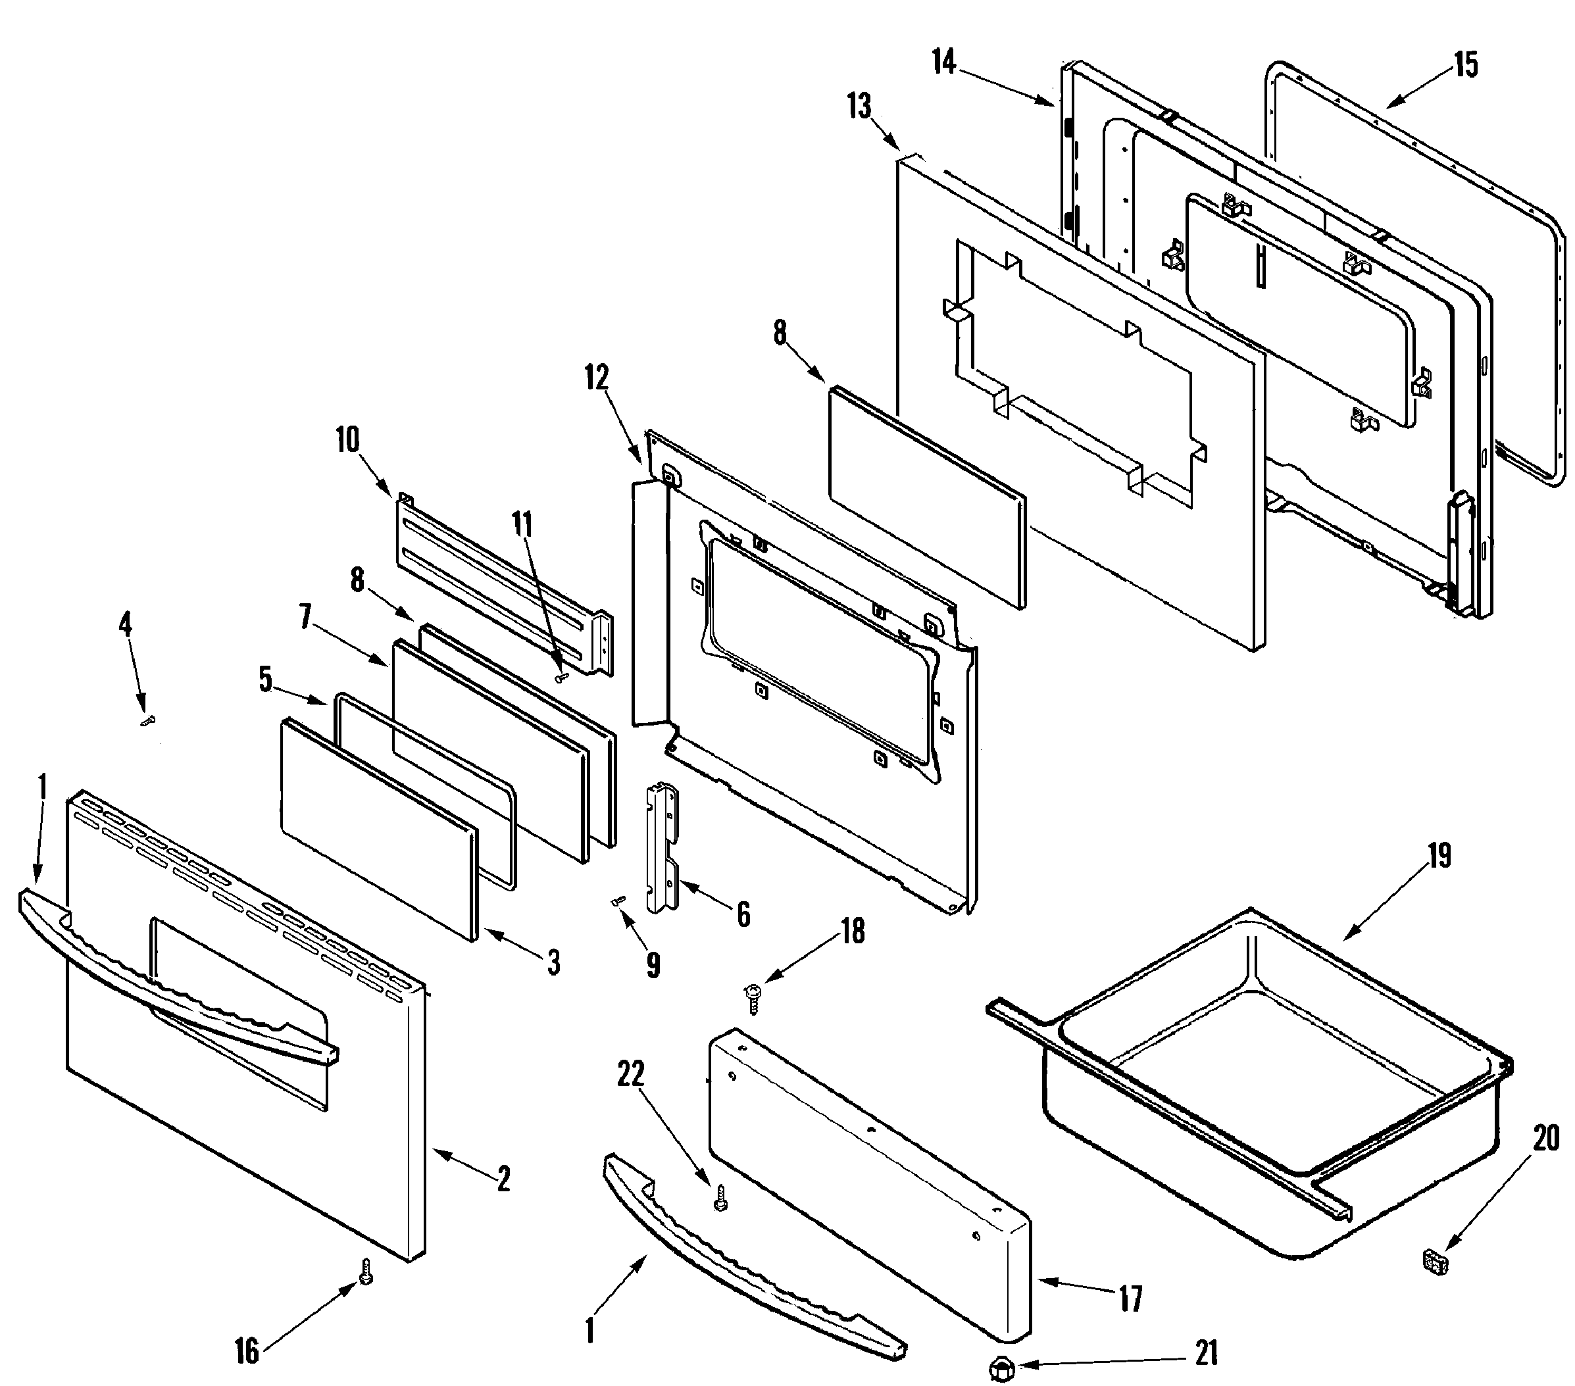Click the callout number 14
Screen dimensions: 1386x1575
[x=943, y=62]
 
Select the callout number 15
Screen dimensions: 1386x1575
[x=1466, y=66]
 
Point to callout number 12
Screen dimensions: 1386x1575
[x=597, y=378]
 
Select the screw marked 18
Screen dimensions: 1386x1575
[x=753, y=998]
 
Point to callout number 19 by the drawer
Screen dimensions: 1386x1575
[x=1439, y=856]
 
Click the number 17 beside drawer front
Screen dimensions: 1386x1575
[x=1130, y=1299]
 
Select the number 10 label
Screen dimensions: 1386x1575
[x=347, y=440]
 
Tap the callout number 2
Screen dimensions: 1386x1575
[x=503, y=1179]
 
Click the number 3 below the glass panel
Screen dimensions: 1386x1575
[x=553, y=962]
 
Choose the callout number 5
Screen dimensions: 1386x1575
[x=265, y=680]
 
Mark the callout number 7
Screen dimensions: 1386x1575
[x=306, y=616]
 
